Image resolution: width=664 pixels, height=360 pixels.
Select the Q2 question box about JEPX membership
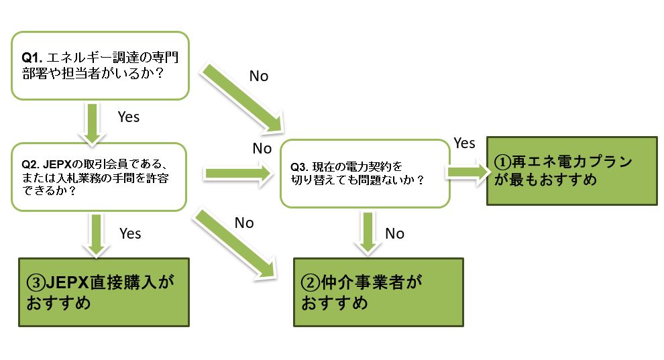click(x=98, y=177)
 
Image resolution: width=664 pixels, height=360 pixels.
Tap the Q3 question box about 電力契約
click(x=363, y=173)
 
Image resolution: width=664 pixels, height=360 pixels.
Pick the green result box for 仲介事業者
click(x=378, y=292)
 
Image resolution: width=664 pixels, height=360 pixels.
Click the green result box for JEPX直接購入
click(x=101, y=292)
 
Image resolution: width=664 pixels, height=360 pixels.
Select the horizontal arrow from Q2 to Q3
click(x=239, y=174)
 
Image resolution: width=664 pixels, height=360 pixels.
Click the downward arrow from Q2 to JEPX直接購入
click(x=97, y=234)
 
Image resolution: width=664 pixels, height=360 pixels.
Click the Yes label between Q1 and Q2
click(x=128, y=117)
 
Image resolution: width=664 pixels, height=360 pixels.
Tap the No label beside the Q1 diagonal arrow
click(x=258, y=76)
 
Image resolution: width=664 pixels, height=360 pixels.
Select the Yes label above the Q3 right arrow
click(x=464, y=143)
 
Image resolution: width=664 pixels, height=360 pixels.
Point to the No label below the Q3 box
click(x=394, y=233)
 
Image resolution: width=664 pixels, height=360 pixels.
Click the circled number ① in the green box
click(x=502, y=163)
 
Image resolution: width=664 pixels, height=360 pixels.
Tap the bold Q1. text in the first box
click(x=32, y=58)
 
